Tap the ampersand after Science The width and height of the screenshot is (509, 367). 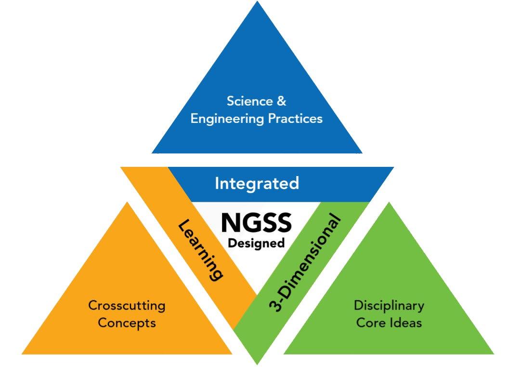[x=282, y=101]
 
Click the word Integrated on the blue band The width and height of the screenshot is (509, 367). [x=257, y=183]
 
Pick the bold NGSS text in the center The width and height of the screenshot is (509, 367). [x=256, y=223]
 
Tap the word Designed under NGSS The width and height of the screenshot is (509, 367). [x=256, y=243]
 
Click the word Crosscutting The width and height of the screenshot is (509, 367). [x=127, y=305]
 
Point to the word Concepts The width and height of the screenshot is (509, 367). [x=127, y=322]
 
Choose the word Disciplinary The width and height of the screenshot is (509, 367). [x=389, y=305]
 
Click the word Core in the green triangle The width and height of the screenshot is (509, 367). [x=369, y=322]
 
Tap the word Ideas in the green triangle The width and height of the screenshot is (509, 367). [x=405, y=322]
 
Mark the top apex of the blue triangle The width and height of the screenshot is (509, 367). [x=257, y=2]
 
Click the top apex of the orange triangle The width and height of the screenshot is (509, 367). [x=127, y=203]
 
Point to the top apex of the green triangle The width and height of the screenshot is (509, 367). [x=389, y=203]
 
